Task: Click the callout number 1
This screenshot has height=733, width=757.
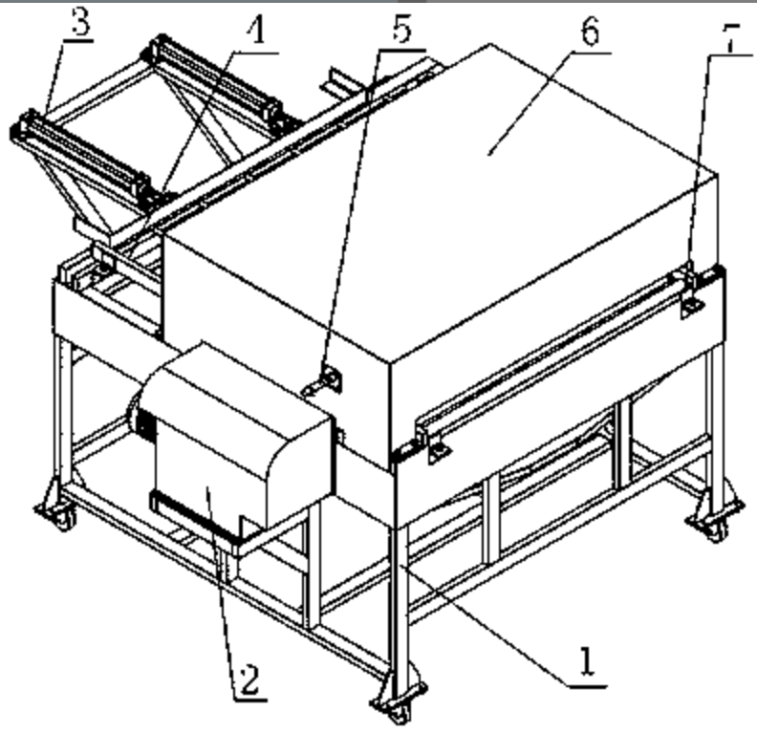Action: [x=588, y=661]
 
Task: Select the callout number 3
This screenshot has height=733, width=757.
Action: [x=81, y=22]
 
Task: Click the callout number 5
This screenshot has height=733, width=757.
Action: [x=401, y=29]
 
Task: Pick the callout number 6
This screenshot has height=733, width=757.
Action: [x=590, y=31]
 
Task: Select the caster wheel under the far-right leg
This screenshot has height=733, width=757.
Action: [x=715, y=529]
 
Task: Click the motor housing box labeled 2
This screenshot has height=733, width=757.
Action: [x=231, y=444]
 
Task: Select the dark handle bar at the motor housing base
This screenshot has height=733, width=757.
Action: [x=193, y=519]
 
